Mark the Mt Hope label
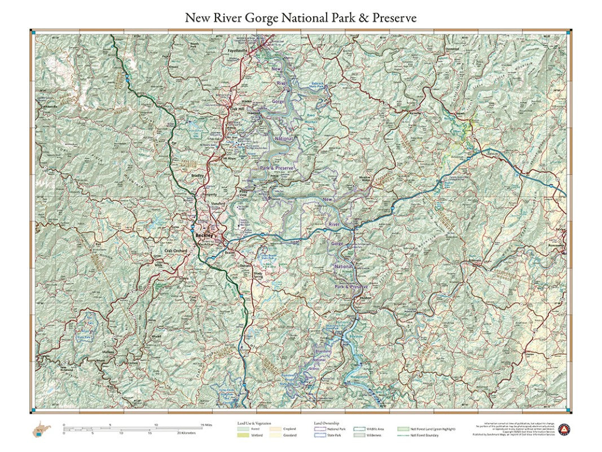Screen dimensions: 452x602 [x=228, y=159]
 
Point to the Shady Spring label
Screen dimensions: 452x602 [x=258, y=275]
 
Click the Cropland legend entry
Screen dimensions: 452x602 [x=283, y=429]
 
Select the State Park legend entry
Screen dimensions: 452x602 [x=324, y=435]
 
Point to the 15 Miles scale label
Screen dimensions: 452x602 [x=205, y=425]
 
